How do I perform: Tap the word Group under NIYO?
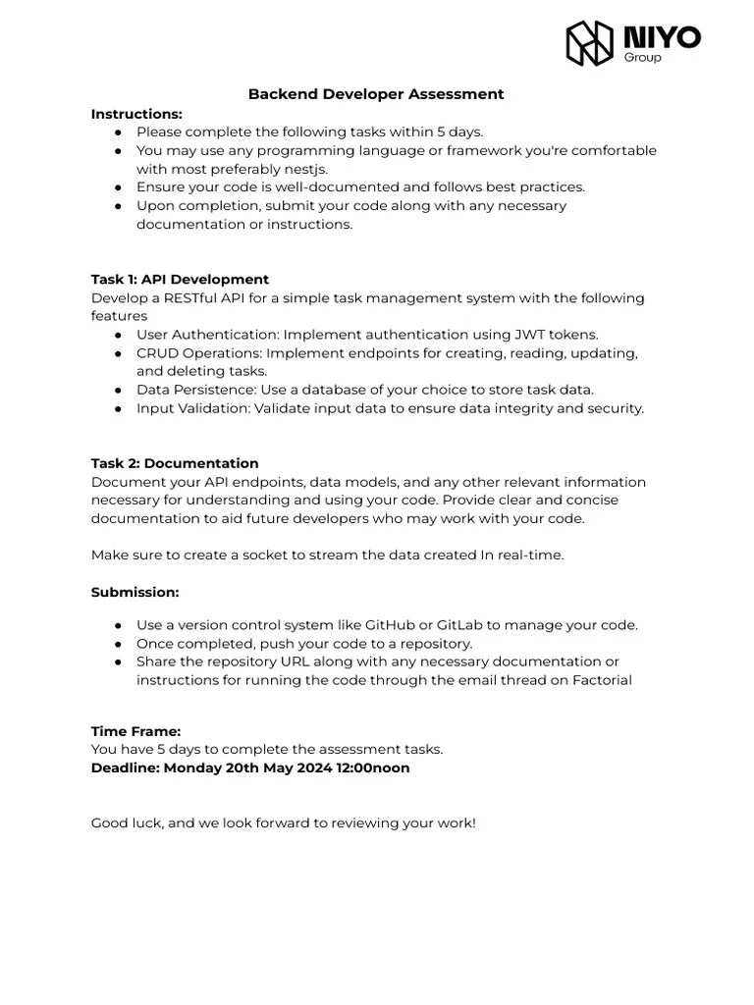click(643, 58)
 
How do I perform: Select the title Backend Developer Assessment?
click(376, 94)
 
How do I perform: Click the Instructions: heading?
click(136, 114)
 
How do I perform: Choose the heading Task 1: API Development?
click(180, 279)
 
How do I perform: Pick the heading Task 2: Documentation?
click(175, 463)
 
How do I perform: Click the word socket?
click(251, 555)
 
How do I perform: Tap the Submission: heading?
click(135, 592)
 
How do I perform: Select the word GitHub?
click(392, 625)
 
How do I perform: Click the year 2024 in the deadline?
click(300, 767)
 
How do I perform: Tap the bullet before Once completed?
click(118, 644)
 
